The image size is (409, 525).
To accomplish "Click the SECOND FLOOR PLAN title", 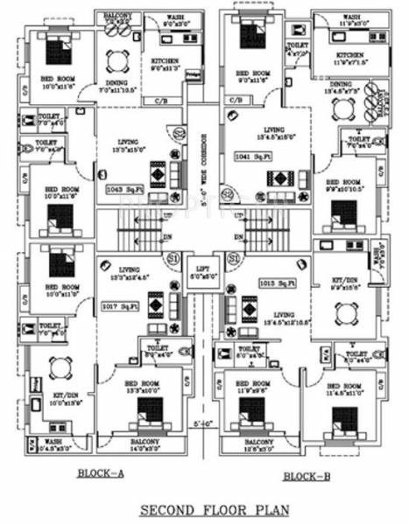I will (205, 509).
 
